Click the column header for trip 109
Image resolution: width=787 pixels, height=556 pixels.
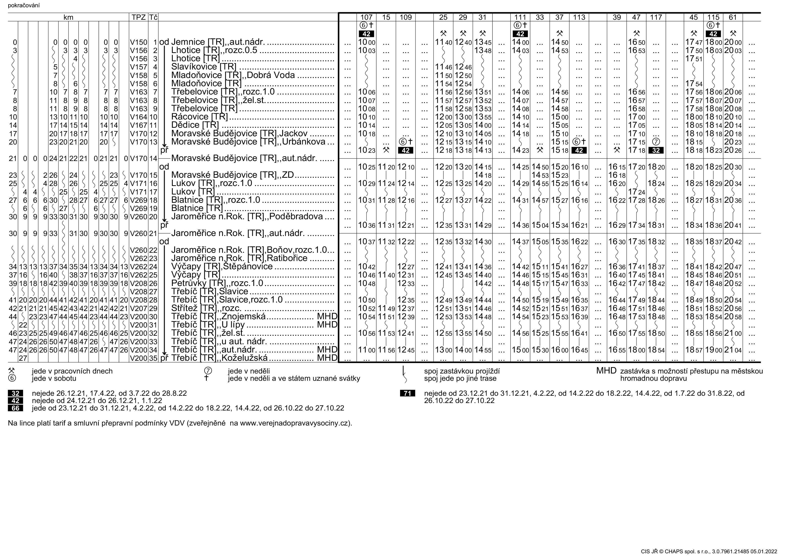pos(405,17)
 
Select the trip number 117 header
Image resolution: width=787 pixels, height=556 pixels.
pos(656,17)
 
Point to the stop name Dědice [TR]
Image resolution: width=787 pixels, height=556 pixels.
pos(195,125)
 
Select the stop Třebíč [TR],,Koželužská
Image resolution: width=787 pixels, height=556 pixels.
pos(219,358)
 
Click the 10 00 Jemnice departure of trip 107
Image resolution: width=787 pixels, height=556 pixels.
pos(366,42)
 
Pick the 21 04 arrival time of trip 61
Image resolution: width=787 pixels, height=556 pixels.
pos(732,350)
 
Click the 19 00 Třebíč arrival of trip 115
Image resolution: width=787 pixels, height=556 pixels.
pos(713,350)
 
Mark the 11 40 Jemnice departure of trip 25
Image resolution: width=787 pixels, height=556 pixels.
pos(443,42)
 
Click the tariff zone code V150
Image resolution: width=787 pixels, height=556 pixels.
pos(138,42)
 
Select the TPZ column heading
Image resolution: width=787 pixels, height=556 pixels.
pos(138,17)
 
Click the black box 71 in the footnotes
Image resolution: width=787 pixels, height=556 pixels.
pos(407,393)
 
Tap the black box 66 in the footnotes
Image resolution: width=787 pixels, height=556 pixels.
pos(15,408)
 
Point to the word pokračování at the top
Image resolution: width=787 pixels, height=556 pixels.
pos(24,5)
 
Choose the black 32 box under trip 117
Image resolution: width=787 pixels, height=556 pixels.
pos(656,150)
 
